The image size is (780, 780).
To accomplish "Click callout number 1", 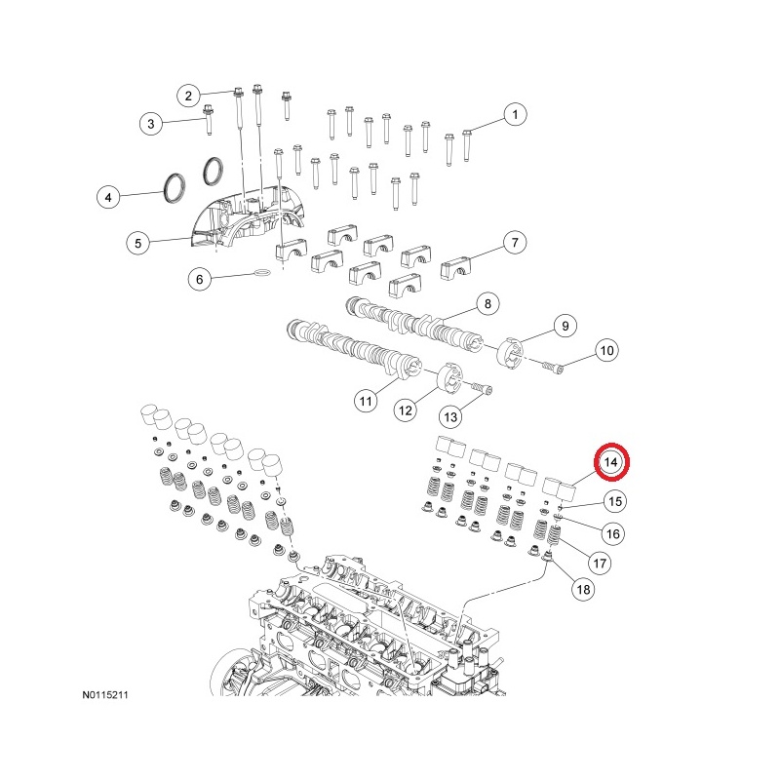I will (515, 115).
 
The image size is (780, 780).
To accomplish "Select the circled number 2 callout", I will (188, 95).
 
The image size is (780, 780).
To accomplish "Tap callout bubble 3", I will (150, 124).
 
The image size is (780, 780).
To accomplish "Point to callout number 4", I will (109, 197).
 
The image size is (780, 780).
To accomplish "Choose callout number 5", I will (138, 241).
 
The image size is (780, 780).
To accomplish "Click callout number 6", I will (199, 280).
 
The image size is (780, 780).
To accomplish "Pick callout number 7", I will (515, 242).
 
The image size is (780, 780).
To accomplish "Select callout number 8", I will (486, 306).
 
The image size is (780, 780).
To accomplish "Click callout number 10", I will (605, 349).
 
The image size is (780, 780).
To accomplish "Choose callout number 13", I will (450, 416).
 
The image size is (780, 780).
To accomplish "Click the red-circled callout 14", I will (612, 462).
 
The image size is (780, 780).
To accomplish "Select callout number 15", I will (612, 502).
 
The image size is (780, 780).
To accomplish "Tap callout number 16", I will (612, 533).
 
